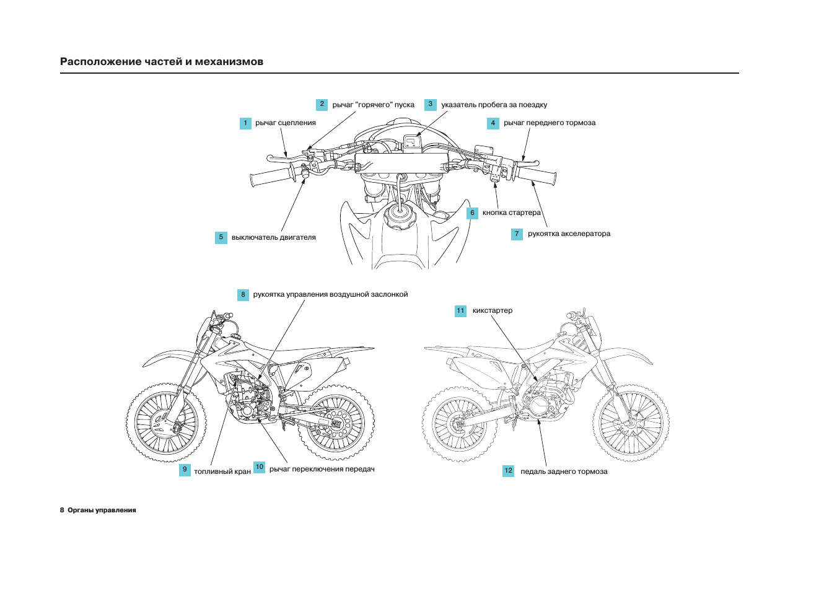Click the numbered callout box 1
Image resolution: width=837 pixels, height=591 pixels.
[245, 123]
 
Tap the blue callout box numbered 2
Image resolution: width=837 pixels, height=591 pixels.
[322, 105]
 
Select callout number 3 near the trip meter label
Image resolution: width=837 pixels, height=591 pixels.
[431, 105]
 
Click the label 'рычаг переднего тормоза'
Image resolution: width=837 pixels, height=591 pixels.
[549, 123]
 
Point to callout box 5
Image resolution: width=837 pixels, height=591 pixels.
[221, 237]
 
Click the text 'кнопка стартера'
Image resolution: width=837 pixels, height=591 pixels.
[511, 213]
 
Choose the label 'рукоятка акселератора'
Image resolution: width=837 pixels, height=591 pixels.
[569, 234]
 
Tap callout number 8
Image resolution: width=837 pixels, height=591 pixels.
[243, 295]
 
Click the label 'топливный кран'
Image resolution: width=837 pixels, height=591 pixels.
[222, 472]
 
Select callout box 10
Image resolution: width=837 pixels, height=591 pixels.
[259, 468]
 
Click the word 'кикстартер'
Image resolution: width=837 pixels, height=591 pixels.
[492, 311]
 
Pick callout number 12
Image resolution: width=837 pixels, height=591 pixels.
[508, 471]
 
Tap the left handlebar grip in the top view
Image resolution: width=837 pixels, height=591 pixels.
[268, 178]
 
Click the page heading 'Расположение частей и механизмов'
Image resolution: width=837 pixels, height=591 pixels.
[162, 62]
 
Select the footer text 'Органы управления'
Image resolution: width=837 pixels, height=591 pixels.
[102, 510]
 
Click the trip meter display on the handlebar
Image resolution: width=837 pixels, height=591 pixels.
[411, 142]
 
